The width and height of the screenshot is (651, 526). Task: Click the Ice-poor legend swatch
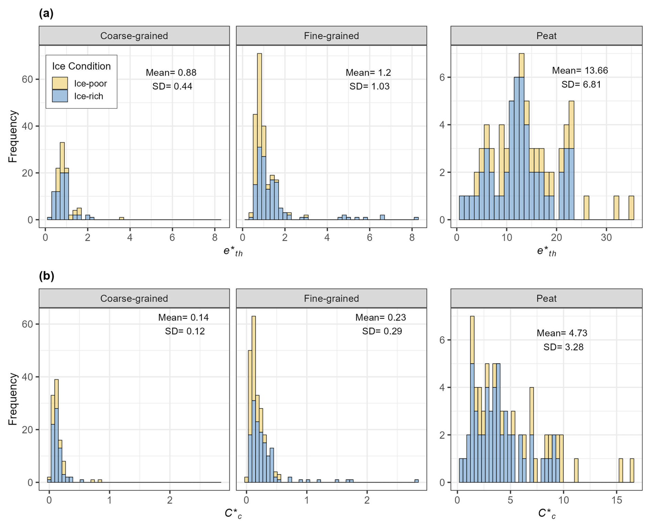pos(60,83)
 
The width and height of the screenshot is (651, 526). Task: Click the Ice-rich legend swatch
pos(60,96)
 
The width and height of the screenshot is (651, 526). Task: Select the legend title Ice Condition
pos(81,66)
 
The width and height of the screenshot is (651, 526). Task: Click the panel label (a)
pos(46,13)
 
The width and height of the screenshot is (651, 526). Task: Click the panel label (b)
pos(46,276)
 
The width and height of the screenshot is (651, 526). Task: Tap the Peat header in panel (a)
pos(546,36)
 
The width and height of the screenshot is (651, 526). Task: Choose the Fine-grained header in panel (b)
pos(331,298)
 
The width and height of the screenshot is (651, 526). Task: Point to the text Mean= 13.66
pos(580,71)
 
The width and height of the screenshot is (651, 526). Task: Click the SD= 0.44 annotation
pos(172,86)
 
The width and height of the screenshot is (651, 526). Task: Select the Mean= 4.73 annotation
pos(562,333)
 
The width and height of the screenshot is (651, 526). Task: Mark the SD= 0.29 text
pos(382,331)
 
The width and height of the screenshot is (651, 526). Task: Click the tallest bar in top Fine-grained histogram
pos(259,138)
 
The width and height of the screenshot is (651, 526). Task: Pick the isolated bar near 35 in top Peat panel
pos(631,208)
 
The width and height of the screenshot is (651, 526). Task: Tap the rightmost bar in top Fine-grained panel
pos(416,218)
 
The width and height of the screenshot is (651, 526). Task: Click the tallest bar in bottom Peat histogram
pos(472,399)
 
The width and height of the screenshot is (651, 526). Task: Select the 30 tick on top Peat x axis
pos(606,237)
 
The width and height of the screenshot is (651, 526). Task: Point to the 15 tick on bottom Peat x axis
pos(617,500)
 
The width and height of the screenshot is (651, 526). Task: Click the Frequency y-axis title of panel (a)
pos(13,136)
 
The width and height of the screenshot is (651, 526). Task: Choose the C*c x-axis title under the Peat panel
pos(546,514)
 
